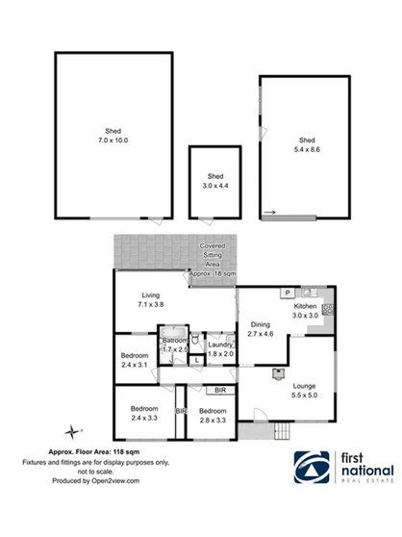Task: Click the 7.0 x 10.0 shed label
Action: click(x=112, y=136)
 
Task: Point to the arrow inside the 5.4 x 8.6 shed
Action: click(x=272, y=213)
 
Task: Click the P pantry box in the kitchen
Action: click(x=287, y=292)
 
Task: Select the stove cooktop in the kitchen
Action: click(x=327, y=310)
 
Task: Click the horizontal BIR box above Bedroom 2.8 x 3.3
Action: click(x=219, y=390)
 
